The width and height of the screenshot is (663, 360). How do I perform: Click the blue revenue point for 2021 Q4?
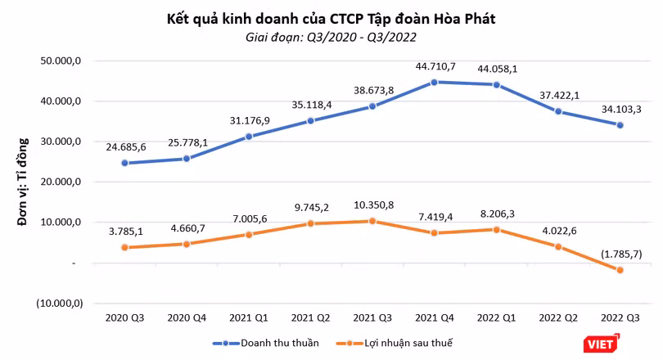[x=434, y=83]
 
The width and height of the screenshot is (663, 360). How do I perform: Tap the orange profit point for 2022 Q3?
[x=620, y=270]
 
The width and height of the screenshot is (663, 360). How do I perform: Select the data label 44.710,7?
[x=435, y=67]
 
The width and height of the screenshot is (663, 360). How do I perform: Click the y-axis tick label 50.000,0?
[x=61, y=61]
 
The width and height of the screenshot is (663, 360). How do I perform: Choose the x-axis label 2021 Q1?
[x=249, y=317]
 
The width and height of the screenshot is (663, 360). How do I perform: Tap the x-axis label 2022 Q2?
[x=558, y=317]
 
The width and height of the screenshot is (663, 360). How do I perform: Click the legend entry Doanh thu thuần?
[x=266, y=343]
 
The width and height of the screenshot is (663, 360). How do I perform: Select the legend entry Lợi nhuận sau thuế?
[x=394, y=343]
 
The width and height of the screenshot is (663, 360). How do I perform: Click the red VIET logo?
[x=602, y=344]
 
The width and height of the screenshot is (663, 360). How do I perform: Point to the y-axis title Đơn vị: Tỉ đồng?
[x=22, y=182]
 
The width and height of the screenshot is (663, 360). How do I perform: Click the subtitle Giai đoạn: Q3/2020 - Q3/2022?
[x=331, y=37]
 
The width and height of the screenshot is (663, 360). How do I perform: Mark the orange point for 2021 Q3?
[x=372, y=221]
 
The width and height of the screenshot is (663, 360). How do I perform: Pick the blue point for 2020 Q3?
[x=124, y=163]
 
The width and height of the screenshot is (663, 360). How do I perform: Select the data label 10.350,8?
[x=374, y=205]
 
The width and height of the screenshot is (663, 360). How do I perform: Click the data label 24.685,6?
[x=126, y=147]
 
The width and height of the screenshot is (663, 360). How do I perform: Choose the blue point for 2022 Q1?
[x=496, y=85]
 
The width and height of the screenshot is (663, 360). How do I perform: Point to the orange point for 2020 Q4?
[x=187, y=244]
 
